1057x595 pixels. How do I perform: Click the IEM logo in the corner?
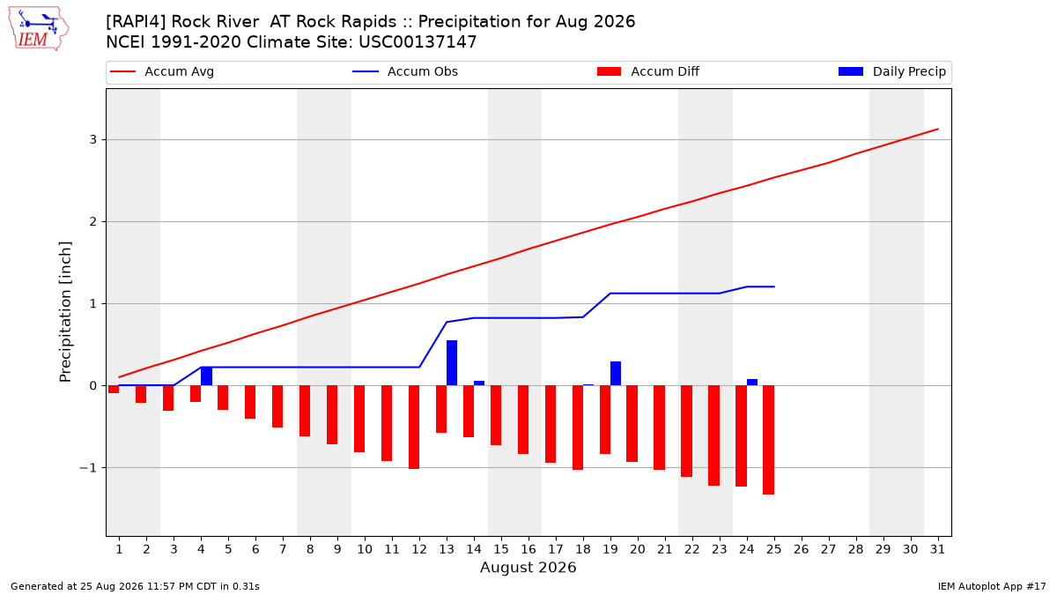click(x=39, y=29)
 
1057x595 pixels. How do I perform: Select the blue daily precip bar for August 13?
click(x=452, y=362)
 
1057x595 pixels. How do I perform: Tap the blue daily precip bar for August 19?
click(x=616, y=374)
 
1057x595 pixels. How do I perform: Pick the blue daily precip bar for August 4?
click(x=206, y=376)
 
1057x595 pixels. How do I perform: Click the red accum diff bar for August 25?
click(x=768, y=440)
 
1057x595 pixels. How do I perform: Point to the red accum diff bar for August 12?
click(x=414, y=427)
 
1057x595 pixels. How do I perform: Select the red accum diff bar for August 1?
click(x=114, y=389)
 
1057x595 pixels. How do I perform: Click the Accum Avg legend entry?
click(x=162, y=71)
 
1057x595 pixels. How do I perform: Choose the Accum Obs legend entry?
click(x=405, y=71)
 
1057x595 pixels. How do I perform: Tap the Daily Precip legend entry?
click(x=891, y=71)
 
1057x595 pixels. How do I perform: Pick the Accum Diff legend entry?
click(x=648, y=71)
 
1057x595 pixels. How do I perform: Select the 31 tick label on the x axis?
click(x=937, y=549)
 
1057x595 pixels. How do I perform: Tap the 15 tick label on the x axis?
click(x=501, y=549)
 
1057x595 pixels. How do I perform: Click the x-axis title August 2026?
click(x=528, y=567)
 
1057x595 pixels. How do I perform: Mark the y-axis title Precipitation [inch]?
click(x=65, y=312)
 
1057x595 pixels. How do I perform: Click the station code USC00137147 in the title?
click(x=418, y=42)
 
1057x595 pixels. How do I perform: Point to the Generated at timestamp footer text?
click(x=135, y=586)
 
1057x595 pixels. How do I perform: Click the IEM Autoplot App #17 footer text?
click(x=992, y=586)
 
